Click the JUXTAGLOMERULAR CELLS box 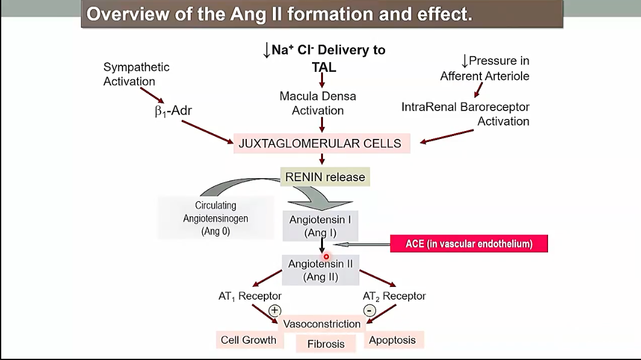(320, 144)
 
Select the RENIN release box (325, 177)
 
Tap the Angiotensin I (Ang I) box (320, 227)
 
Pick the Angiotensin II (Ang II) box (320, 270)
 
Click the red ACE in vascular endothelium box (469, 244)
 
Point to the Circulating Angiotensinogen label (215, 218)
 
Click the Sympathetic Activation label (136, 74)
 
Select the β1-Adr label (173, 111)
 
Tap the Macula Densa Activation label (318, 103)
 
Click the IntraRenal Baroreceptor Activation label (465, 114)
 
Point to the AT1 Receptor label (250, 297)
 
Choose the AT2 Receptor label (394, 297)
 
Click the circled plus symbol (275, 310)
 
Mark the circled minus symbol (369, 310)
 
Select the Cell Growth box (248, 340)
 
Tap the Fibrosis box (326, 344)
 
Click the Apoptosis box (392, 340)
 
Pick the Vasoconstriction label (322, 324)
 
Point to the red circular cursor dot (326, 257)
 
